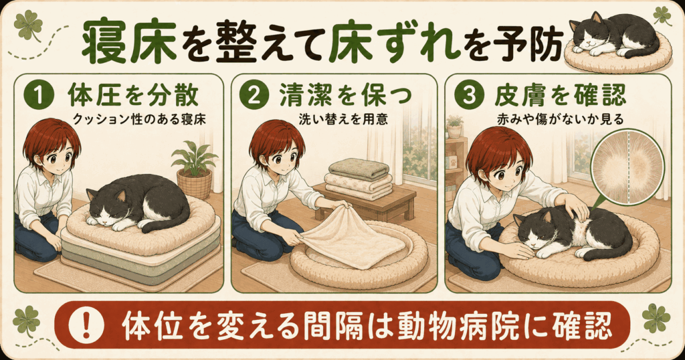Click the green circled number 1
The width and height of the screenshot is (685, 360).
tap(39, 96)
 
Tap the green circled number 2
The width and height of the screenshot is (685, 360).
tap(254, 96)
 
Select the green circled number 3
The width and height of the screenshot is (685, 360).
tap(468, 96)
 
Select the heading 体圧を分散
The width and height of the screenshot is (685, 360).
tap(133, 95)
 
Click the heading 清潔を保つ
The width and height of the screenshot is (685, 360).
tap(346, 95)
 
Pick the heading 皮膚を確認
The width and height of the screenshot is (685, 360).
tap(560, 95)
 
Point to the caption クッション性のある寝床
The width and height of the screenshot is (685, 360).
tap(139, 119)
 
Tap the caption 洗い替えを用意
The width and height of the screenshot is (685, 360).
tap(343, 119)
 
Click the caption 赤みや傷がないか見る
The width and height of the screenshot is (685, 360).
tap(560, 119)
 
